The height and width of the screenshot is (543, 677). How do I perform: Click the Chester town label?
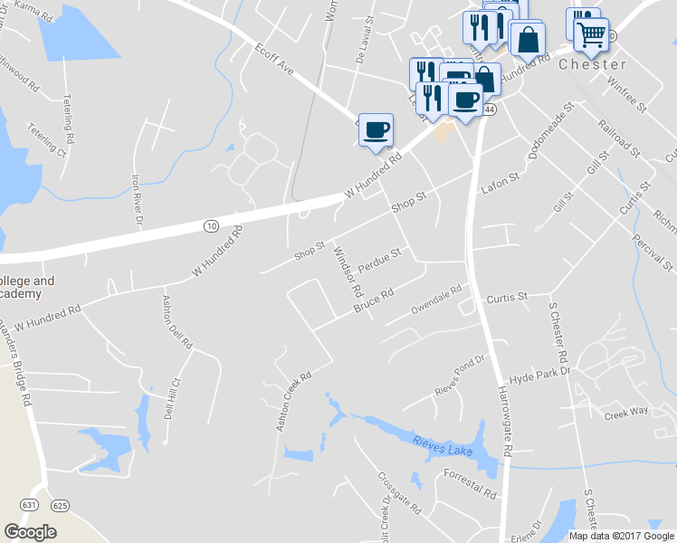point(593,65)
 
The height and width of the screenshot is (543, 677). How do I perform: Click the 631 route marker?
point(31,504)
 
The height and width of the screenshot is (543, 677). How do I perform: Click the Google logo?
point(30,531)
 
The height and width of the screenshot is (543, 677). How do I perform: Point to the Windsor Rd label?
point(348,274)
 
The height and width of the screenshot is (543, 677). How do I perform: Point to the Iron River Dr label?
point(138,199)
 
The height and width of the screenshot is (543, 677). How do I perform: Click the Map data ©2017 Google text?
point(620,535)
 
